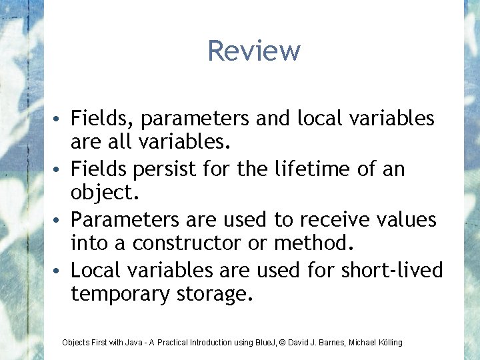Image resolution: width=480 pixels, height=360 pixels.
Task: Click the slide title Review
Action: [x=254, y=51]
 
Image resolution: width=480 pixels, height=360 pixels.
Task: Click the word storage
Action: [x=215, y=295]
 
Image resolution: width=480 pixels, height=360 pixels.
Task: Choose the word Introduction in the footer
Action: [x=212, y=343]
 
